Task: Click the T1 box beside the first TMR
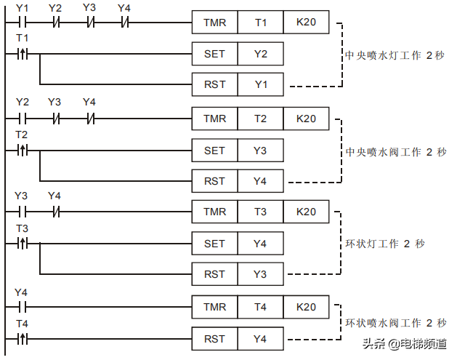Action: tap(260, 23)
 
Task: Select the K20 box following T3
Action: tap(306, 212)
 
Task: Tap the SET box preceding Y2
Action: tap(214, 54)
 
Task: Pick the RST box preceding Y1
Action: tap(214, 84)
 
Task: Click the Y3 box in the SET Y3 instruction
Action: tap(260, 150)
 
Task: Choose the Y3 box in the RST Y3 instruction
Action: tap(260, 274)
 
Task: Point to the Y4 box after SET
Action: tap(260, 244)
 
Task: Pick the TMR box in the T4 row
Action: tap(214, 307)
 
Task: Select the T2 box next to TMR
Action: tap(260, 118)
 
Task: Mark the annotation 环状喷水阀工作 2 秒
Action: tap(395, 323)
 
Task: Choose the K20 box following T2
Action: tap(306, 118)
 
